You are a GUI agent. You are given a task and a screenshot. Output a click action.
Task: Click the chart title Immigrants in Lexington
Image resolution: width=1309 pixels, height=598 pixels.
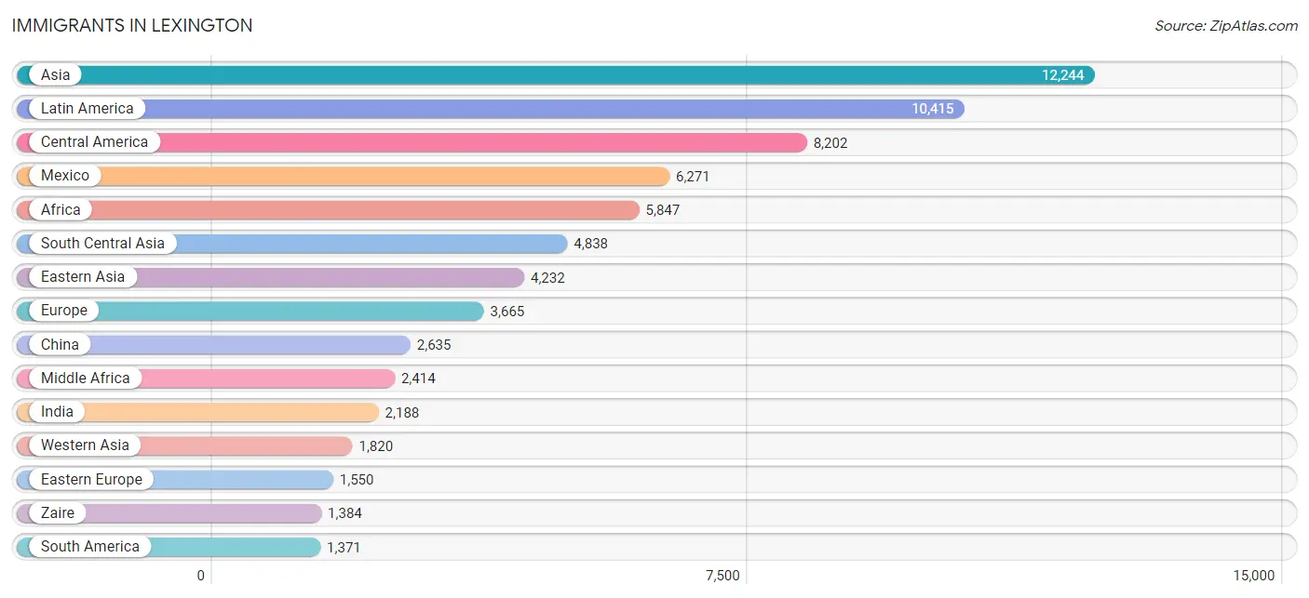[132, 25]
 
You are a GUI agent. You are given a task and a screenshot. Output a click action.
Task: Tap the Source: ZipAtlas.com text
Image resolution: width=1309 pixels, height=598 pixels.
[1225, 26]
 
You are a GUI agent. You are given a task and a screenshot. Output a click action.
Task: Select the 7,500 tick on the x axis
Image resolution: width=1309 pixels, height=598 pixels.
[722, 576]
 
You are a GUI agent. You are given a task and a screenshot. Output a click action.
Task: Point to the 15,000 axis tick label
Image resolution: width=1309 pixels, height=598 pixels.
[1253, 576]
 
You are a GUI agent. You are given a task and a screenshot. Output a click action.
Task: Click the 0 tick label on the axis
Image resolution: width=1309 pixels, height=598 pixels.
[200, 576]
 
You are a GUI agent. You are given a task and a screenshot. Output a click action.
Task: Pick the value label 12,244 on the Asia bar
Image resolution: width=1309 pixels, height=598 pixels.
[1062, 75]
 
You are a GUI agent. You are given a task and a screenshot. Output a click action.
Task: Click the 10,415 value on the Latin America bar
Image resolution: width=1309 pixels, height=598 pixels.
[933, 109]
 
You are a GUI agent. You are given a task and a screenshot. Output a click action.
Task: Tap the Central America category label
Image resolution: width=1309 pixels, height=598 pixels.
[94, 142]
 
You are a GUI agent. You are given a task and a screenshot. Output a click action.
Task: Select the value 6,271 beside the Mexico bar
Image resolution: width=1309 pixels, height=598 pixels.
[693, 177]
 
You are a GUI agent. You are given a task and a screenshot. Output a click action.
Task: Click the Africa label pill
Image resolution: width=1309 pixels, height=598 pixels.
[61, 209]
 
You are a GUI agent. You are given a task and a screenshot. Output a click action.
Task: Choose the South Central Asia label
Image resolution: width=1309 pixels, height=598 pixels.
[102, 243]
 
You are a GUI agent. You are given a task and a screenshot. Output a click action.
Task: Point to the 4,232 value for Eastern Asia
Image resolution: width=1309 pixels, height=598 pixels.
[547, 277]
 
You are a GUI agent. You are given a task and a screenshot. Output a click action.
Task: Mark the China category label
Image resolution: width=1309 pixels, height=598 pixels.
[60, 344]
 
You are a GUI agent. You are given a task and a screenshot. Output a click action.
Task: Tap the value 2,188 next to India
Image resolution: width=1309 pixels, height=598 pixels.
[402, 413]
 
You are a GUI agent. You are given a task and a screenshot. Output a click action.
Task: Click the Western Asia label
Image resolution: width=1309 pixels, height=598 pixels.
[85, 445]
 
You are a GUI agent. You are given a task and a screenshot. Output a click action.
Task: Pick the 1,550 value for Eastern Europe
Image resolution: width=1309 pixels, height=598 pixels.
[357, 480]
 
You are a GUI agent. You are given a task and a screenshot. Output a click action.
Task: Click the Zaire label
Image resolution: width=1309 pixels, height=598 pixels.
[58, 512]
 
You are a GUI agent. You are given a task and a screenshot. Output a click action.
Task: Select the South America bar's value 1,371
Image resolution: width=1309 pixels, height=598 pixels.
[344, 547]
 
